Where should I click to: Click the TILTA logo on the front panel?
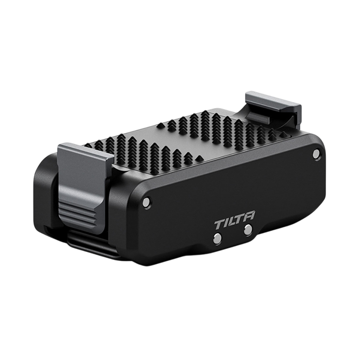coord(234,221)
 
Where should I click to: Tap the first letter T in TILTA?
coord(220,225)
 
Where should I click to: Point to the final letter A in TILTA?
coord(249,216)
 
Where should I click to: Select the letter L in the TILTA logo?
coord(232,222)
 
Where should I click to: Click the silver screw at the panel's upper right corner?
coord(316,154)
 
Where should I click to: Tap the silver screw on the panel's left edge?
coord(146,202)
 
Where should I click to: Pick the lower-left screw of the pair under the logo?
coord(217,238)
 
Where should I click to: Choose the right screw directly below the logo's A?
coord(248,229)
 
